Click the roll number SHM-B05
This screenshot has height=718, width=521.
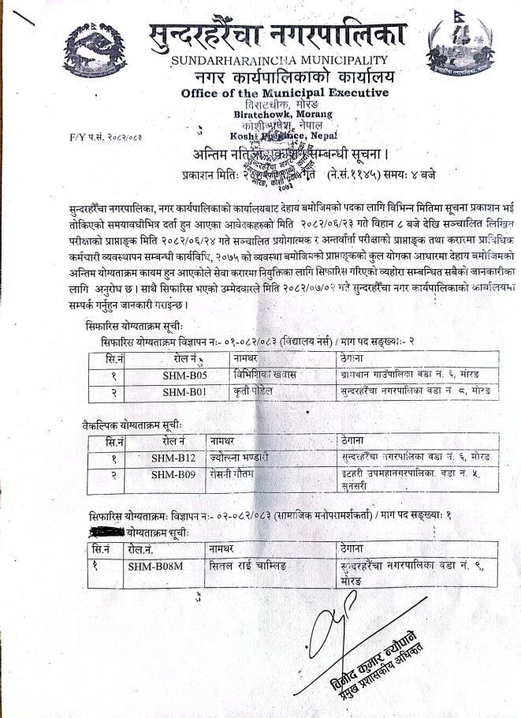click(184, 376)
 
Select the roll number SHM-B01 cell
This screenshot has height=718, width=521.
click(184, 391)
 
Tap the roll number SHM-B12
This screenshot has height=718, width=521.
click(173, 457)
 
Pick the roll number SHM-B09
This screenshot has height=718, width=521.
click(173, 473)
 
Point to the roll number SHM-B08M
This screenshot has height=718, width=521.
click(155, 565)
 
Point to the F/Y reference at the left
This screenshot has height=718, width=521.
click(95, 137)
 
